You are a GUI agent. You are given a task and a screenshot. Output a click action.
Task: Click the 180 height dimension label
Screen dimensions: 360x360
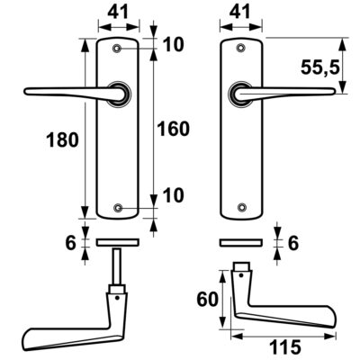(x=62, y=139)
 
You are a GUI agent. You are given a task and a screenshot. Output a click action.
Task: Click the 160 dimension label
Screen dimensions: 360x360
(x=174, y=129)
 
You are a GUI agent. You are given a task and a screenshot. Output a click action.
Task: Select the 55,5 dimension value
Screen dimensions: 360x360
(x=320, y=67)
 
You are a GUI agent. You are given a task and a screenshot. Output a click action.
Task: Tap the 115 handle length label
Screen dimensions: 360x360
(x=284, y=347)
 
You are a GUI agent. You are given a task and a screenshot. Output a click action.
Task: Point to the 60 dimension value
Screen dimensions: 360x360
(x=207, y=300)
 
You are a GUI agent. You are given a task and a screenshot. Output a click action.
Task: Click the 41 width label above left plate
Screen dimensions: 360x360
(x=118, y=13)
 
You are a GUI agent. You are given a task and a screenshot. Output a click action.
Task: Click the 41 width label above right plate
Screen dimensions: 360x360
(x=239, y=13)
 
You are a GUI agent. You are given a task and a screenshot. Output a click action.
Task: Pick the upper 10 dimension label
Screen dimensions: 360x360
(x=173, y=45)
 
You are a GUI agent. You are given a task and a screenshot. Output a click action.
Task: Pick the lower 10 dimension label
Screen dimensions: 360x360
(x=173, y=195)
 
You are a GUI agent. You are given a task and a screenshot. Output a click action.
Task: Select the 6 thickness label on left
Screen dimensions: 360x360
(x=71, y=243)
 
